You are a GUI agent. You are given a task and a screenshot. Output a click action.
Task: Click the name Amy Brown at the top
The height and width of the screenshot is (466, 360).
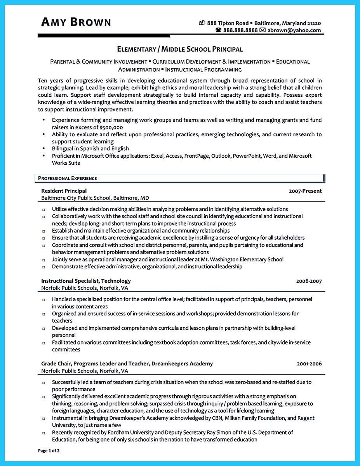(76, 22)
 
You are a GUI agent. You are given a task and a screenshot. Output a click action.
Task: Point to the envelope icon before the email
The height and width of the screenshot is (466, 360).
(263, 30)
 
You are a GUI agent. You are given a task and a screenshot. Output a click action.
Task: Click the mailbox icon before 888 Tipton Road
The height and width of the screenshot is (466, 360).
(202, 23)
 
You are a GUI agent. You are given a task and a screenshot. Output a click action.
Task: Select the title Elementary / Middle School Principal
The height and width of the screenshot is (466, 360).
(180, 49)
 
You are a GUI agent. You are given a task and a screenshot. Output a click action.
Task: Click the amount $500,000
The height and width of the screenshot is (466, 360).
(111, 127)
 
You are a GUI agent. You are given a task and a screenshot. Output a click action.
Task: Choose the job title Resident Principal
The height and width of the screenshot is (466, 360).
(64, 191)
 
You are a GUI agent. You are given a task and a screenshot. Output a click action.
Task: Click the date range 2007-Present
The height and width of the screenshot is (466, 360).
(305, 191)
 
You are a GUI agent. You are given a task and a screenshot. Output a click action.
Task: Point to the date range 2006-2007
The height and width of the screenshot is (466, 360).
(309, 281)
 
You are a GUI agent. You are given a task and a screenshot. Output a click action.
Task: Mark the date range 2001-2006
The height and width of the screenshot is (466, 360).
(309, 364)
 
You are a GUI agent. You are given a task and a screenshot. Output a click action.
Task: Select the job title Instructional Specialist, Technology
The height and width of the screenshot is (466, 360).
(86, 281)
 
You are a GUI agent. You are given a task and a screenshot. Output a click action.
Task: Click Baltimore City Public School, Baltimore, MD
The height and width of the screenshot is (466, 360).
(95, 198)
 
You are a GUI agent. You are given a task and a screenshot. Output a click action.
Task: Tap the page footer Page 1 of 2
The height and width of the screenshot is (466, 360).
(49, 451)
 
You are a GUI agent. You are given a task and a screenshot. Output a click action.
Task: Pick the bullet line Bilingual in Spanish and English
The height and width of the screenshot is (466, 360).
(90, 148)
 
